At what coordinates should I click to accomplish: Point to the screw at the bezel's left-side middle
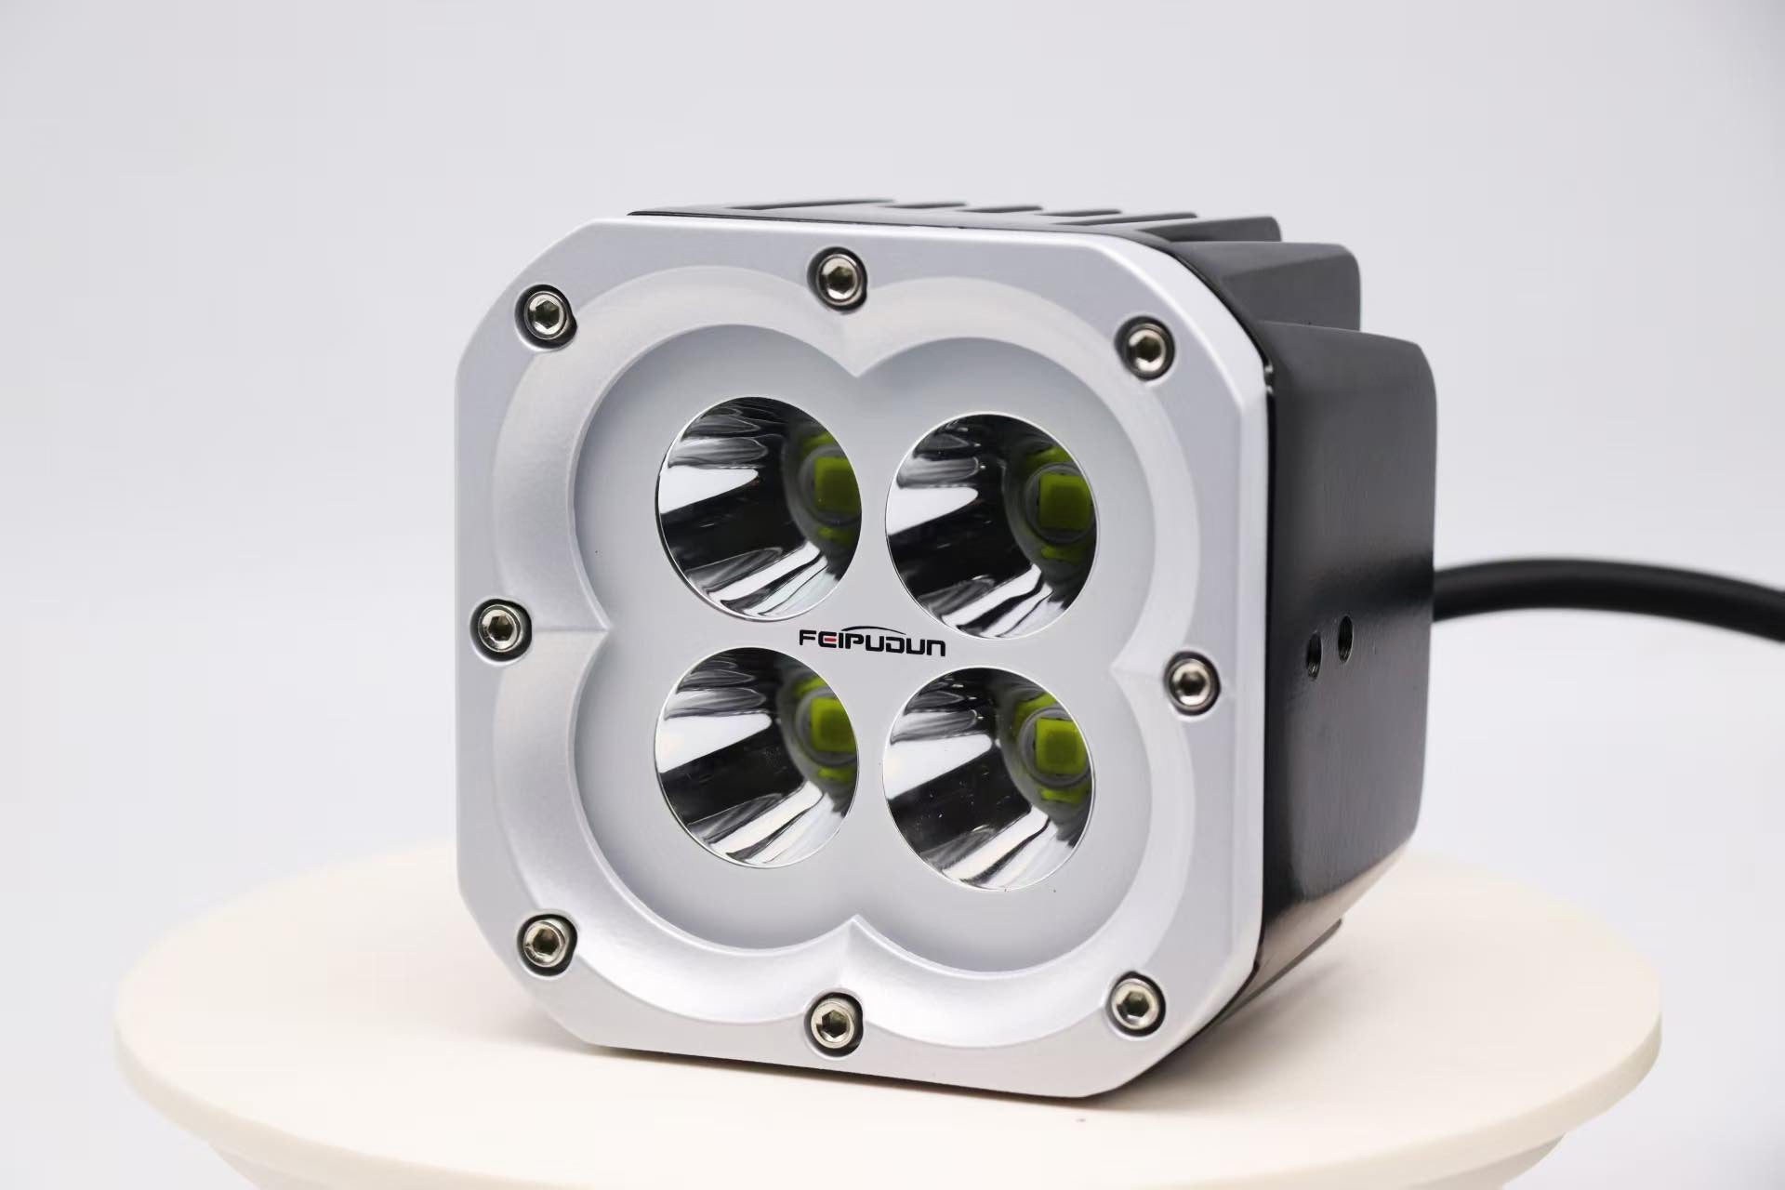(x=499, y=623)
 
